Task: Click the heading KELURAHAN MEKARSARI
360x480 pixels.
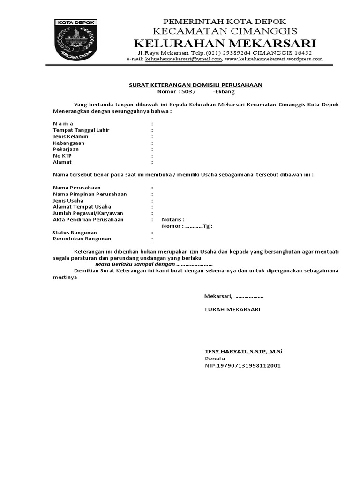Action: (x=225, y=44)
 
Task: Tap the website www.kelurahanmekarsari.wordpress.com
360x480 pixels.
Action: (x=274, y=60)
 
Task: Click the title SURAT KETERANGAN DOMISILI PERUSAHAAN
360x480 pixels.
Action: (x=195, y=85)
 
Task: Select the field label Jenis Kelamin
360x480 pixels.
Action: (x=71, y=136)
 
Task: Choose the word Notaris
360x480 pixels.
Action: (x=172, y=219)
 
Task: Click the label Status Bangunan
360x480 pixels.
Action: (x=75, y=232)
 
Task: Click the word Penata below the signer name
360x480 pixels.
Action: (x=215, y=358)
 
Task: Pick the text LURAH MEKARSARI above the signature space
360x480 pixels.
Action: (x=232, y=310)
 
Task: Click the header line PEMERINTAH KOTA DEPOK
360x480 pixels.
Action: (x=224, y=22)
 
